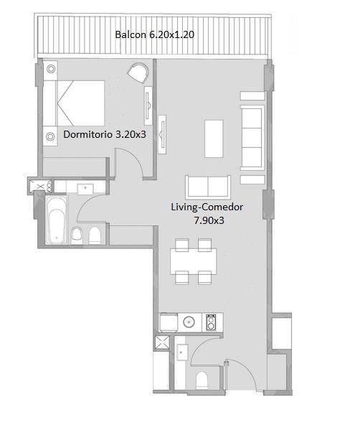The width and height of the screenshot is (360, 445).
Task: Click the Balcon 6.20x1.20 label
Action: [x=154, y=34]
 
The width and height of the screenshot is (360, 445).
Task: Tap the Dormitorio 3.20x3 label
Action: [x=105, y=134]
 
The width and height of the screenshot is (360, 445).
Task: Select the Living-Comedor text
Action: [x=207, y=207]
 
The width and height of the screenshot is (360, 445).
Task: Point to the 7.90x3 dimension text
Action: [x=209, y=220]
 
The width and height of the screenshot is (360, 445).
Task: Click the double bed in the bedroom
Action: [x=74, y=103]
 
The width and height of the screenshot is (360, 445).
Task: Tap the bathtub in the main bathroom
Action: [x=57, y=220]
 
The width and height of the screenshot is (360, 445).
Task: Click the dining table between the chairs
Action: [x=194, y=261]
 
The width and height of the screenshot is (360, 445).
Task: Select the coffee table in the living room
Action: [x=214, y=139]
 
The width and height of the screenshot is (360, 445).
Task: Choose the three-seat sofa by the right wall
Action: [x=252, y=138]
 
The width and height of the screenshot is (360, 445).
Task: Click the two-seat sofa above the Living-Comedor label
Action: [x=208, y=187]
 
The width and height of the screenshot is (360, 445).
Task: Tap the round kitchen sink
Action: [x=189, y=322]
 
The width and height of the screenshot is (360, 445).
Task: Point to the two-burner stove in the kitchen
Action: [x=211, y=322]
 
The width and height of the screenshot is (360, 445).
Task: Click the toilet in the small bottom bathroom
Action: [x=202, y=380]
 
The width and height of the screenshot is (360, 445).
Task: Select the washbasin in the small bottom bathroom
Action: [x=181, y=352]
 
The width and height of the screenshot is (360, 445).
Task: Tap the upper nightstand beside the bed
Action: [x=51, y=69]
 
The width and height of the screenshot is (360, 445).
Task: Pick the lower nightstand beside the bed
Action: [x=50, y=136]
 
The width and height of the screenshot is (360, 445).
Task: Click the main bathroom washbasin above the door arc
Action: [x=85, y=189]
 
